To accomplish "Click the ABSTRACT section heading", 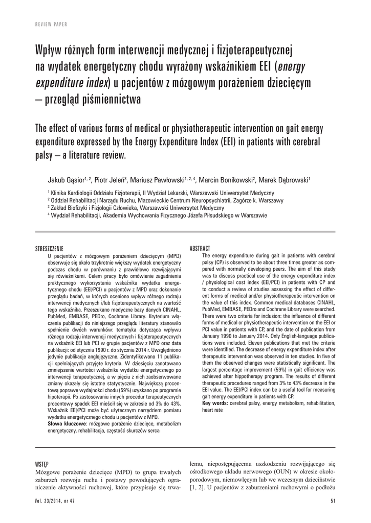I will pos(200,248).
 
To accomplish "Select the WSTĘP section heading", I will pos(42,464).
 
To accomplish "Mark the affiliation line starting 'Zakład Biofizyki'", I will pos(136,208).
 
